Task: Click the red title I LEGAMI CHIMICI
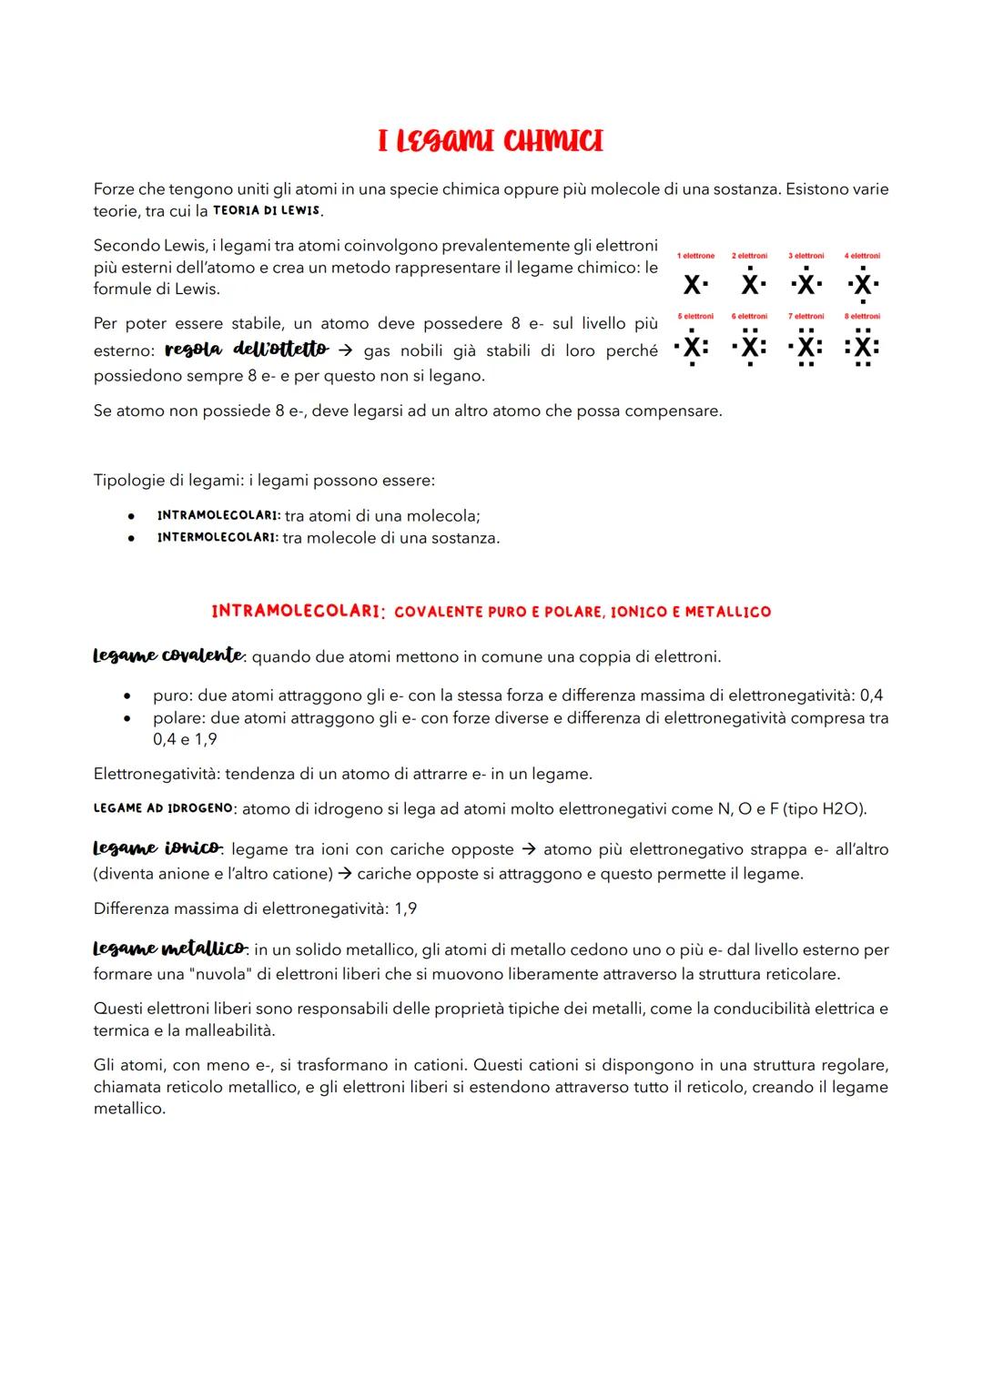point(491,141)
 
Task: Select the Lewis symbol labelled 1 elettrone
point(694,285)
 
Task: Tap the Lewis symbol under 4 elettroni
point(862,285)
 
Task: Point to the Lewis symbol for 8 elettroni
point(862,347)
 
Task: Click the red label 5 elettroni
point(695,317)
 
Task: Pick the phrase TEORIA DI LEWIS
point(267,211)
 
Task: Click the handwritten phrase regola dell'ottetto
point(247,350)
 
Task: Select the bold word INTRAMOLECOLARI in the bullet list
point(218,516)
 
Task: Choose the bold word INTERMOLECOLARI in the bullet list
point(217,538)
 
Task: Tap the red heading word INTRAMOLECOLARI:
point(295,612)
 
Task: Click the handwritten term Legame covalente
point(168,655)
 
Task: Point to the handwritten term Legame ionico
point(157,848)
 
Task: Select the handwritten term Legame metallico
point(169,949)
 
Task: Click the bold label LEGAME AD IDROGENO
point(164,808)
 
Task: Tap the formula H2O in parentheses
point(841,808)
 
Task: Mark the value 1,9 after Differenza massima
point(405,908)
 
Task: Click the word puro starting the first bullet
point(171,695)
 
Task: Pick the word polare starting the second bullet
point(177,717)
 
